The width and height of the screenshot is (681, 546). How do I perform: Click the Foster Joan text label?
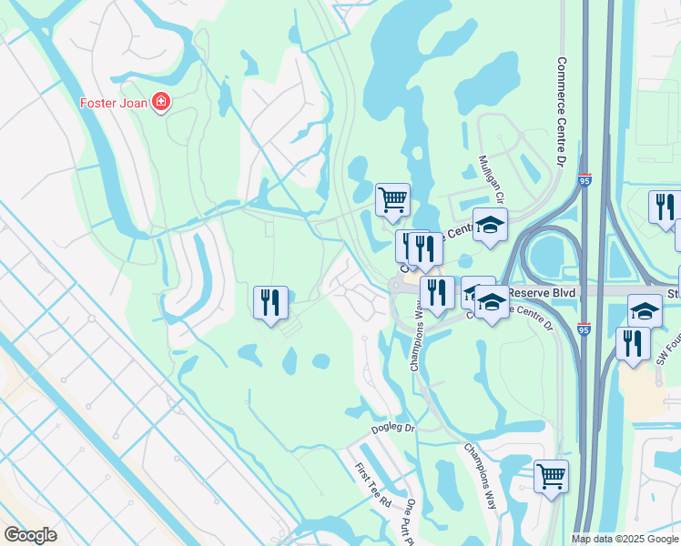tap(115, 101)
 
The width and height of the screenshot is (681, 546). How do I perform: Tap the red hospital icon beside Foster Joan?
tap(161, 101)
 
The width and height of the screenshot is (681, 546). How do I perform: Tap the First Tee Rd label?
tap(372, 485)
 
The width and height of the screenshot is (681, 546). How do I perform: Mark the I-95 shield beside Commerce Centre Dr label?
tap(584, 181)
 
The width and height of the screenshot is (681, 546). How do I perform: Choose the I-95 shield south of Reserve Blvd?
tap(584, 329)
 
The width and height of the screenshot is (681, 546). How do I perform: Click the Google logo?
tap(30, 534)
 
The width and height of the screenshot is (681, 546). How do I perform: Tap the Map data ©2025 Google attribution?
tap(625, 539)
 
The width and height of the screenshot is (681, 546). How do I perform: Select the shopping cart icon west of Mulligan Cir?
tap(392, 199)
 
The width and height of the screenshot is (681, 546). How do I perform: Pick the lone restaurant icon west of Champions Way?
tap(270, 302)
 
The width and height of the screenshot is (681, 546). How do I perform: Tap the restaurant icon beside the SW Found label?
tap(632, 343)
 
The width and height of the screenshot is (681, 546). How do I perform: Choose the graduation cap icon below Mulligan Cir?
tap(490, 225)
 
